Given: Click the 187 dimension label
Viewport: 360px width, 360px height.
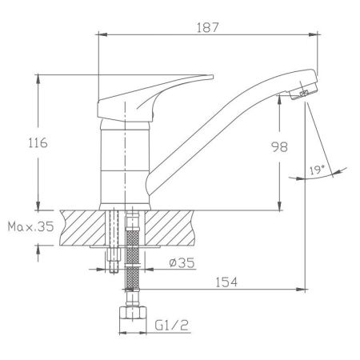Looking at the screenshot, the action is pyautogui.click(x=207, y=27).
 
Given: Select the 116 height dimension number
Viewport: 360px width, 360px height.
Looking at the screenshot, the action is pyautogui.click(x=38, y=142).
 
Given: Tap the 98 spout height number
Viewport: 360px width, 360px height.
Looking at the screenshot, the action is pyautogui.click(x=279, y=146).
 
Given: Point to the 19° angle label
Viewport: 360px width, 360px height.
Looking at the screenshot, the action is pyautogui.click(x=317, y=170).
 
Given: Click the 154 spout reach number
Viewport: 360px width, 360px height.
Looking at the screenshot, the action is pyautogui.click(x=226, y=282).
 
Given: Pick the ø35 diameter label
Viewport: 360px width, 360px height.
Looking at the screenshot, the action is pyautogui.click(x=182, y=263).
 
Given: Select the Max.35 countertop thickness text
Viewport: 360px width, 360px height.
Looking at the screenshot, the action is pyautogui.click(x=30, y=226).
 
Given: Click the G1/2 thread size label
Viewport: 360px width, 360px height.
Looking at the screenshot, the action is pyautogui.click(x=171, y=325).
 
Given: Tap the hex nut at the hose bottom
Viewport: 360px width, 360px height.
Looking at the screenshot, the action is pyautogui.click(x=133, y=313).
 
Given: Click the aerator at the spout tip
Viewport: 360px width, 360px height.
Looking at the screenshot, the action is pyautogui.click(x=303, y=91).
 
